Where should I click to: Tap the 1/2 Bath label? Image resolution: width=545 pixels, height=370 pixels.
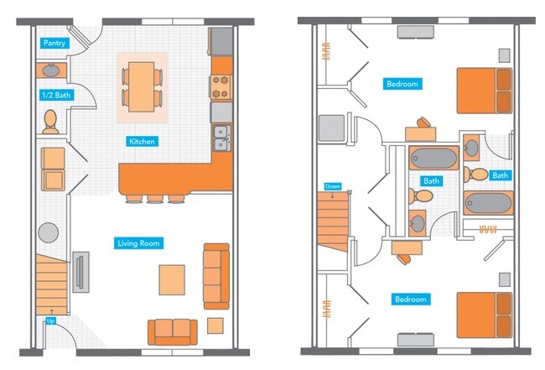[x=57, y=96]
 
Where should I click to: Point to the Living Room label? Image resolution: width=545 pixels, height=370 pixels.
[x=138, y=243]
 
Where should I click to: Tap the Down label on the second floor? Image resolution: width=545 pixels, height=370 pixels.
[x=332, y=186]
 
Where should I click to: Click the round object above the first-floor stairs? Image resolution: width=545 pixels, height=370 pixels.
[x=49, y=232]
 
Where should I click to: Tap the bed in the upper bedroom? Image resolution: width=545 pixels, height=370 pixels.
[x=484, y=91]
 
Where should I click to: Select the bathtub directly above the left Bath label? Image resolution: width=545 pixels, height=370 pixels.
[x=433, y=158]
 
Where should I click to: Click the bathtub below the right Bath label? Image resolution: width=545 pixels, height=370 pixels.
[x=487, y=205]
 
